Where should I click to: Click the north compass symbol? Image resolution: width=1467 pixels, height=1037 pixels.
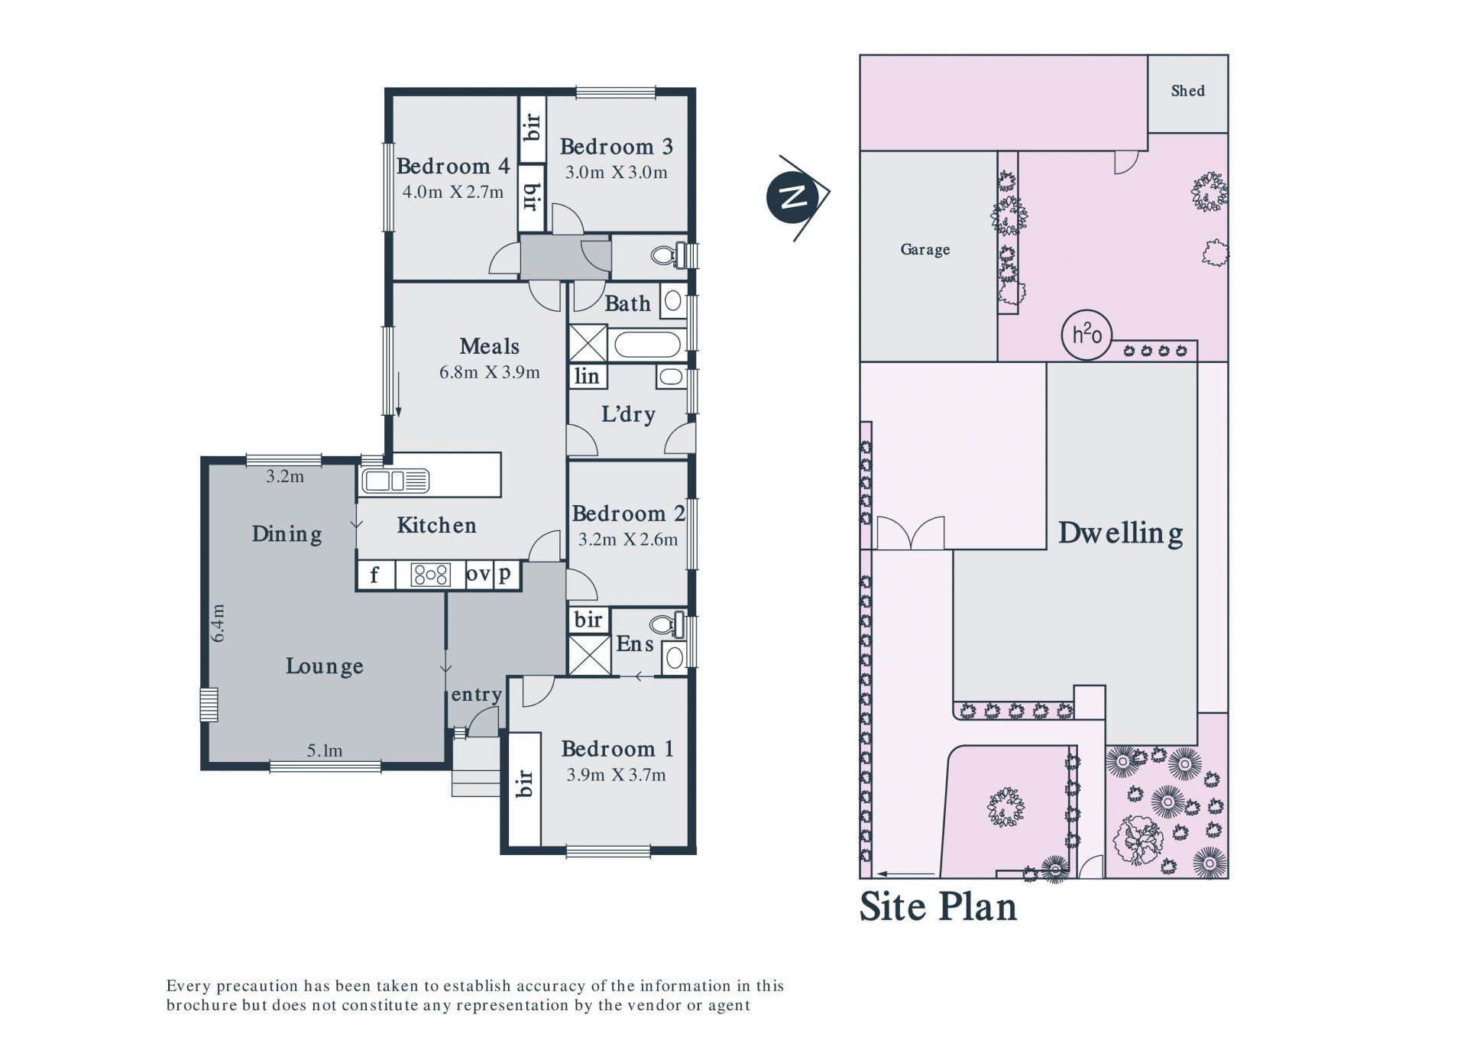pyautogui.click(x=795, y=197)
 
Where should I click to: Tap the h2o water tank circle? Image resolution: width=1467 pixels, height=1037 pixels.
pyautogui.click(x=1086, y=335)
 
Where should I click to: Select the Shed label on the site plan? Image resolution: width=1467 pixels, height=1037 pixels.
pyautogui.click(x=1188, y=91)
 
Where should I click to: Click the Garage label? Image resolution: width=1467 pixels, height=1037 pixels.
pyautogui.click(x=925, y=250)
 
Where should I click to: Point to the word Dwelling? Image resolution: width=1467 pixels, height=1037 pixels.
pyautogui.click(x=1121, y=533)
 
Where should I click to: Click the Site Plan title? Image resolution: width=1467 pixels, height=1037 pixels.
pyautogui.click(x=938, y=906)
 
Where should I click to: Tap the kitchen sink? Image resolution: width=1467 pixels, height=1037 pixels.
pyautogui.click(x=395, y=481)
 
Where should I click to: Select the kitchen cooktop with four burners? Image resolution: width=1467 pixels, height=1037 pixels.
pyautogui.click(x=430, y=575)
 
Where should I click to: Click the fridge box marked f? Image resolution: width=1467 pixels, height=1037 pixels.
pyautogui.click(x=375, y=575)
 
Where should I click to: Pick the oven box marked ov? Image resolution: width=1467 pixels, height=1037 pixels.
pyautogui.click(x=478, y=575)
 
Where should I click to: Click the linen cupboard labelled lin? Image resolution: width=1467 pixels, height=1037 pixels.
pyautogui.click(x=587, y=376)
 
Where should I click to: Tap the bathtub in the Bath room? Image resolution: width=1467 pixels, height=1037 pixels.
pyautogui.click(x=647, y=345)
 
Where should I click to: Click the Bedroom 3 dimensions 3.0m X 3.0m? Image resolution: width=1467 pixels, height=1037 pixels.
pyautogui.click(x=616, y=173)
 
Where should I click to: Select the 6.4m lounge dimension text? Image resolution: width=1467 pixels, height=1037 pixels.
pyautogui.click(x=219, y=623)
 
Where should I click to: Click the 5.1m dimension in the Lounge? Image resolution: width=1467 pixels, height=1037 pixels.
pyautogui.click(x=325, y=751)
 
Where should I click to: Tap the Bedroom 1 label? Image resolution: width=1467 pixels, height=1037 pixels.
pyautogui.click(x=617, y=749)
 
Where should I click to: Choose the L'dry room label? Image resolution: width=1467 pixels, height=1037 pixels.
pyautogui.click(x=628, y=415)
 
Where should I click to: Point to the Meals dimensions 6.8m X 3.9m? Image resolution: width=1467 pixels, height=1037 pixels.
pyautogui.click(x=490, y=373)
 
